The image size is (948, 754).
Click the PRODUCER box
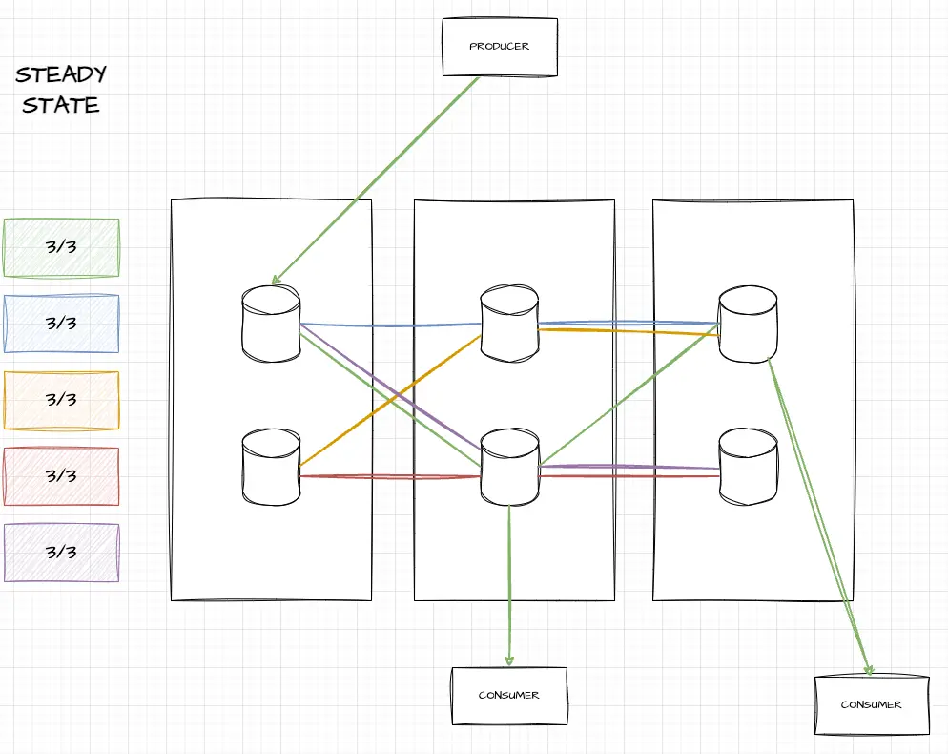[499, 47]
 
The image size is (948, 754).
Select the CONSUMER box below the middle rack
[508, 696]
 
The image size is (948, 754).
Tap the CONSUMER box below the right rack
[871, 704]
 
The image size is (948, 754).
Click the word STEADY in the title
[61, 74]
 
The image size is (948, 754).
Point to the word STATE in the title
[61, 105]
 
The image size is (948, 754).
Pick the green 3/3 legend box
[61, 247]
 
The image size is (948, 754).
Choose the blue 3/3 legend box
[61, 324]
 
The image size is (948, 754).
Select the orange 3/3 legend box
[61, 400]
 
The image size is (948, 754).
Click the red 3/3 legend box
[61, 476]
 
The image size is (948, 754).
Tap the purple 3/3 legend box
[61, 553]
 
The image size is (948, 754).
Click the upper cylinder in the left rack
[271, 325]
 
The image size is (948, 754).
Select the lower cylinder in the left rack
[271, 467]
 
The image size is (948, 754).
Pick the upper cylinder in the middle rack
[509, 325]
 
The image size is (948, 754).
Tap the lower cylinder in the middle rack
[509, 467]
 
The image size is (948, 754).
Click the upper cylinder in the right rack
[747, 325]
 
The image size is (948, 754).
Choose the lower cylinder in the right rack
[747, 467]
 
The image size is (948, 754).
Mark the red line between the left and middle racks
[391, 475]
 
